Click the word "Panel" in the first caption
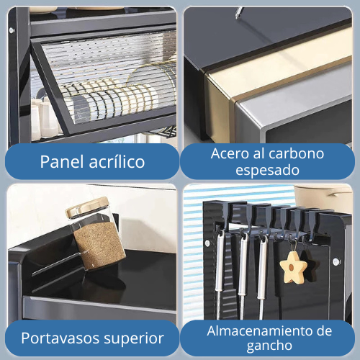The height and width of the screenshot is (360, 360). tap(63, 161)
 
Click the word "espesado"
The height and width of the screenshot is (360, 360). tap(267, 171)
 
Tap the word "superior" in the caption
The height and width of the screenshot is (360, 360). tap(136, 338)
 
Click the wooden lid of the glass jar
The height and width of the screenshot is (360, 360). tap(87, 207)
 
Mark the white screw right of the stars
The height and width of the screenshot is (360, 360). tap(336, 261)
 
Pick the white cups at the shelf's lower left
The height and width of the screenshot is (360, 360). tap(45, 119)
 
